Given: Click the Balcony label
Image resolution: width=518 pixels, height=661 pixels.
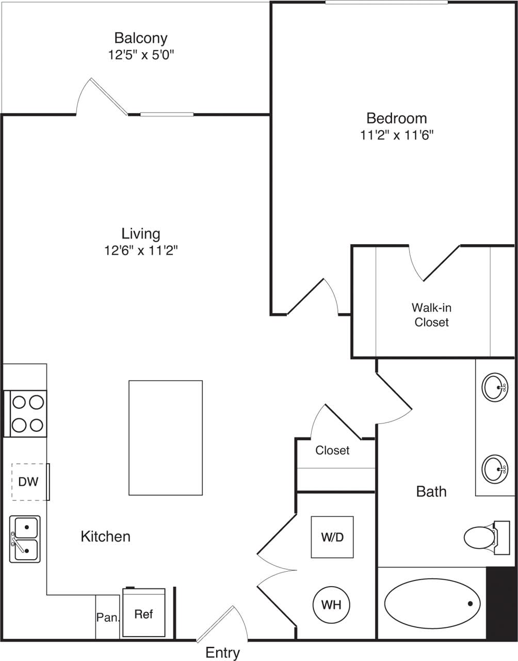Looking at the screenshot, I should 141,38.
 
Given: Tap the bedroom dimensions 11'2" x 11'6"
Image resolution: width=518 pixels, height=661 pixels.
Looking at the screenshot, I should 396,135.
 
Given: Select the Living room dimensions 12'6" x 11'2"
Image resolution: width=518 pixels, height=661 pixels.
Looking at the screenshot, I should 141,251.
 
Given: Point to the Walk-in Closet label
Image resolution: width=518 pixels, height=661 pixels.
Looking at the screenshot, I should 431,315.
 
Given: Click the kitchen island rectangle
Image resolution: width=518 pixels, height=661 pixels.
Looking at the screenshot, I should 165,438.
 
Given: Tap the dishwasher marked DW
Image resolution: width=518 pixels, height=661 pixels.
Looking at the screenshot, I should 29,482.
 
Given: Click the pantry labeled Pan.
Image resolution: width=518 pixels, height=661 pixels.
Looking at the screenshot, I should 107,617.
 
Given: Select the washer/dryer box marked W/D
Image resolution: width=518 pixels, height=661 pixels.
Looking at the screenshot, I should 332,537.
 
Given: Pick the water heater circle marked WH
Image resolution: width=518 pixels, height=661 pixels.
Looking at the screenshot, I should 331,604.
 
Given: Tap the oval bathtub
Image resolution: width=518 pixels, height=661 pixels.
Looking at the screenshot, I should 432,603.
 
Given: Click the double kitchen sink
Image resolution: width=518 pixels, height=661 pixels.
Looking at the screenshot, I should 25,539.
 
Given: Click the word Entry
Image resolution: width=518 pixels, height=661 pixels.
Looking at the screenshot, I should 222,653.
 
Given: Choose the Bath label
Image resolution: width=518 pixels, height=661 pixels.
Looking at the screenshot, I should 431,492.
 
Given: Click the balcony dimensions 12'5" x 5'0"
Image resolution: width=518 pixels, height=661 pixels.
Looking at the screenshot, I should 141,55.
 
